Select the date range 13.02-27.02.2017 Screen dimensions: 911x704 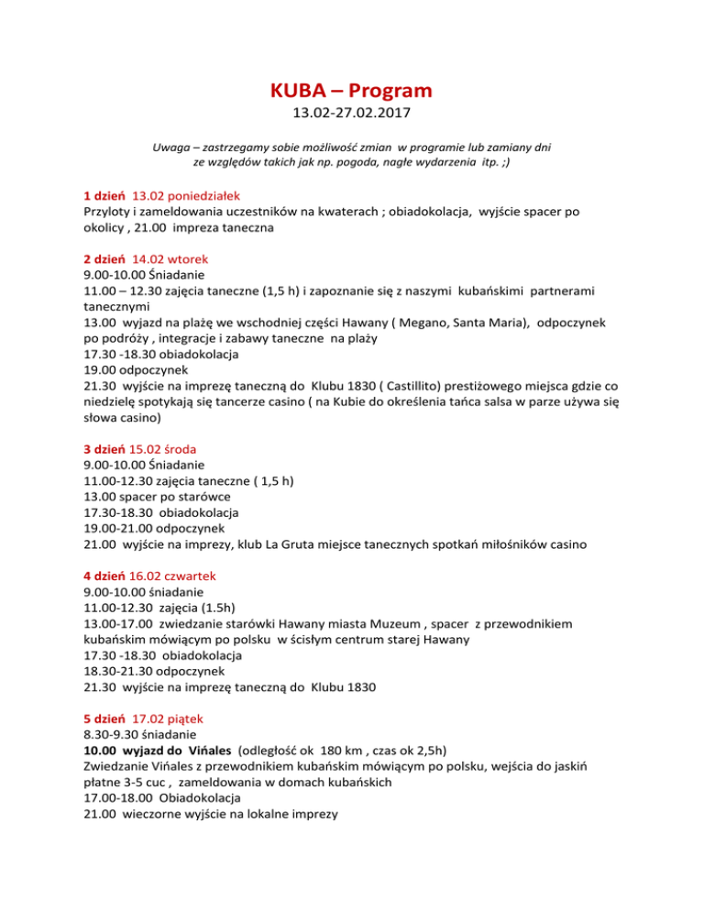point(352,116)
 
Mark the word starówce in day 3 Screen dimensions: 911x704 point(194,497)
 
